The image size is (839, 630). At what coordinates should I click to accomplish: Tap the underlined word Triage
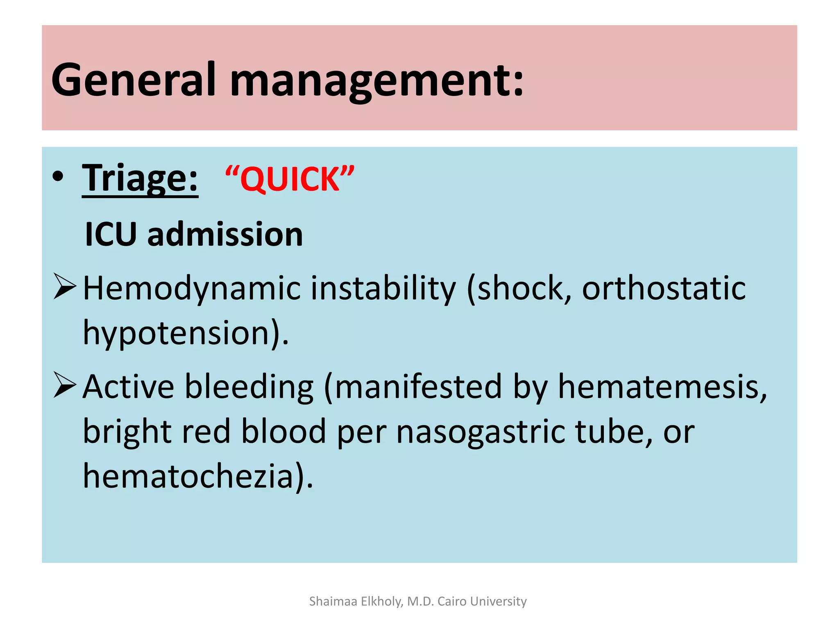click(x=140, y=179)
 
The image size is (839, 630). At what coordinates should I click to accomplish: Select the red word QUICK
click(x=290, y=180)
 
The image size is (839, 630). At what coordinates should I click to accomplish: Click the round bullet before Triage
click(x=58, y=176)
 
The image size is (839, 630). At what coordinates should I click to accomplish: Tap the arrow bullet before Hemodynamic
click(x=65, y=287)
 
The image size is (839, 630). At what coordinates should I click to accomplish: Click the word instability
click(x=383, y=288)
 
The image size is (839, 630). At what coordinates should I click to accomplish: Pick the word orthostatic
click(x=664, y=288)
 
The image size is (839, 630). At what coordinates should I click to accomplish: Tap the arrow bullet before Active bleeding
click(x=65, y=385)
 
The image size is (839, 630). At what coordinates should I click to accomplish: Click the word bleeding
click(x=249, y=387)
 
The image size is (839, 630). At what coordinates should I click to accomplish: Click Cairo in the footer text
click(x=452, y=601)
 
